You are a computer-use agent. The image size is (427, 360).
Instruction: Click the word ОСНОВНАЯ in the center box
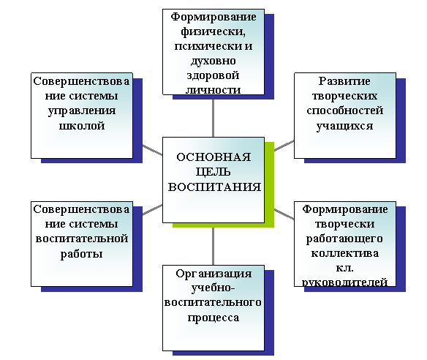(213, 157)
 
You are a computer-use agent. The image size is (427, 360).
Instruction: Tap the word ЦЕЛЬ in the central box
(213, 172)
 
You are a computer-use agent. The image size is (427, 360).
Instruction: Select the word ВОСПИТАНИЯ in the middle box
(214, 187)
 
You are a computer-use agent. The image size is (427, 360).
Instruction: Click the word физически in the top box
(213, 32)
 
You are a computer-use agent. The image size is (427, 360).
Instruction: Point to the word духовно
(213, 61)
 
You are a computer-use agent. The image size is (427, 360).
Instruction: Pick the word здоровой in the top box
(213, 75)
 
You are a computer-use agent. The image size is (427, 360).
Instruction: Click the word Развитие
(344, 81)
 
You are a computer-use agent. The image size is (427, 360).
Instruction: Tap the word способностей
(345, 110)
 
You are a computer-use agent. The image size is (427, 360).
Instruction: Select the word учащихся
(344, 126)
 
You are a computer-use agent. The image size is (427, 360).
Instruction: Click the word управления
(82, 111)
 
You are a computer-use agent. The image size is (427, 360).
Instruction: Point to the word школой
(82, 126)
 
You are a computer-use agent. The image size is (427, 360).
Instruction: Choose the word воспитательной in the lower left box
(82, 239)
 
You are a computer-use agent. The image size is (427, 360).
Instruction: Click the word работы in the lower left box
(81, 254)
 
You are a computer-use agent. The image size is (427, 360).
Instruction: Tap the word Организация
(213, 274)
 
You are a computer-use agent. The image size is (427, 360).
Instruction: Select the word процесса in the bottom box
(213, 318)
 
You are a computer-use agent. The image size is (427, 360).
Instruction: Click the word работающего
(344, 239)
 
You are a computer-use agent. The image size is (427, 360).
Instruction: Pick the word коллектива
(345, 253)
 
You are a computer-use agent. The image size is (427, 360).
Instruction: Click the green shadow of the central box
(269, 185)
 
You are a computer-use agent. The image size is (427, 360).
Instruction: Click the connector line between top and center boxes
(213, 118)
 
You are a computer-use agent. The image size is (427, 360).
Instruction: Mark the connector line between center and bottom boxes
(213, 247)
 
